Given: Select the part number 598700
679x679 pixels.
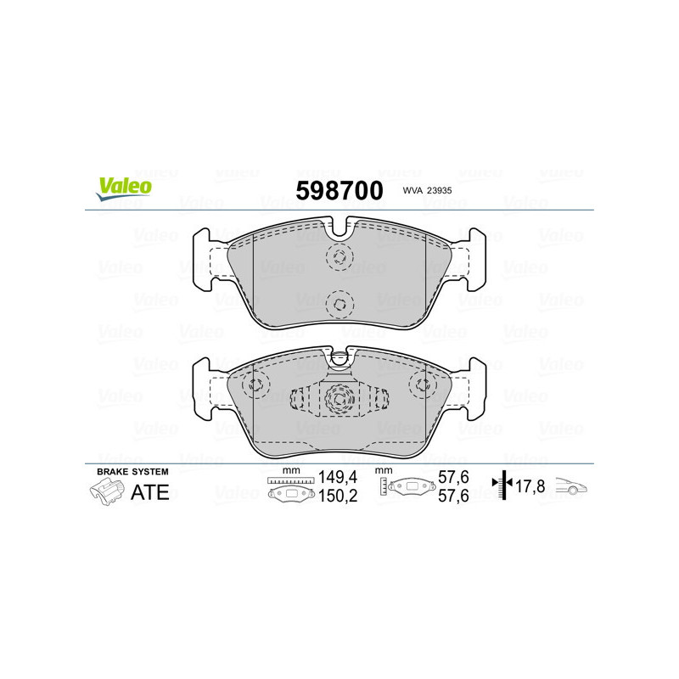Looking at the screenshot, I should click(339, 191).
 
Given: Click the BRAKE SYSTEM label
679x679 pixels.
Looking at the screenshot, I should click(132, 471).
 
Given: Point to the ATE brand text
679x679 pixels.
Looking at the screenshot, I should click(150, 491).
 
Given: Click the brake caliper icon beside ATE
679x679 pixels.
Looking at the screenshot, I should click(106, 491).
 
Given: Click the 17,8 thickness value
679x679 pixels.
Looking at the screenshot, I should click(530, 487).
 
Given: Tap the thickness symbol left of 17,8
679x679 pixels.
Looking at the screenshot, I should click(503, 486).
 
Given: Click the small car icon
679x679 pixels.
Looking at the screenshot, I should click(571, 487).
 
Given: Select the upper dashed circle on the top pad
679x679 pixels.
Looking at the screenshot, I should click(339, 258).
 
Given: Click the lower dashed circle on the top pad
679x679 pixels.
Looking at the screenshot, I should click(339, 303).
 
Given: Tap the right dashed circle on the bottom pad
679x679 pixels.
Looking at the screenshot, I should click(422, 385).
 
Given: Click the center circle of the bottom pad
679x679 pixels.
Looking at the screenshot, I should click(339, 397).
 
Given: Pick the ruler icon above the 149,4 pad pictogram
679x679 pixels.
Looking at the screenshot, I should click(289, 480).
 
